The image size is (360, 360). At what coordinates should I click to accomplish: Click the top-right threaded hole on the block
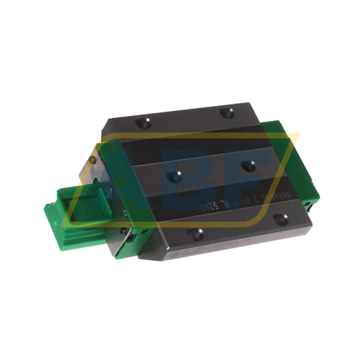tap(229, 111)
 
